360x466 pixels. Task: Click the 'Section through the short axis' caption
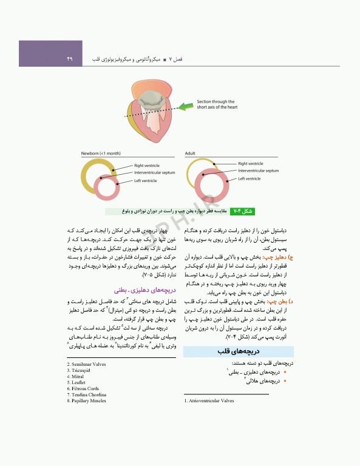coord(220,104)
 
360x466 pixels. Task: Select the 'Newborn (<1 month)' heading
coord(101,154)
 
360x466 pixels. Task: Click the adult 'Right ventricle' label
coord(251,164)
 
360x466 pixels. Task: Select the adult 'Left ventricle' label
coord(250,178)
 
